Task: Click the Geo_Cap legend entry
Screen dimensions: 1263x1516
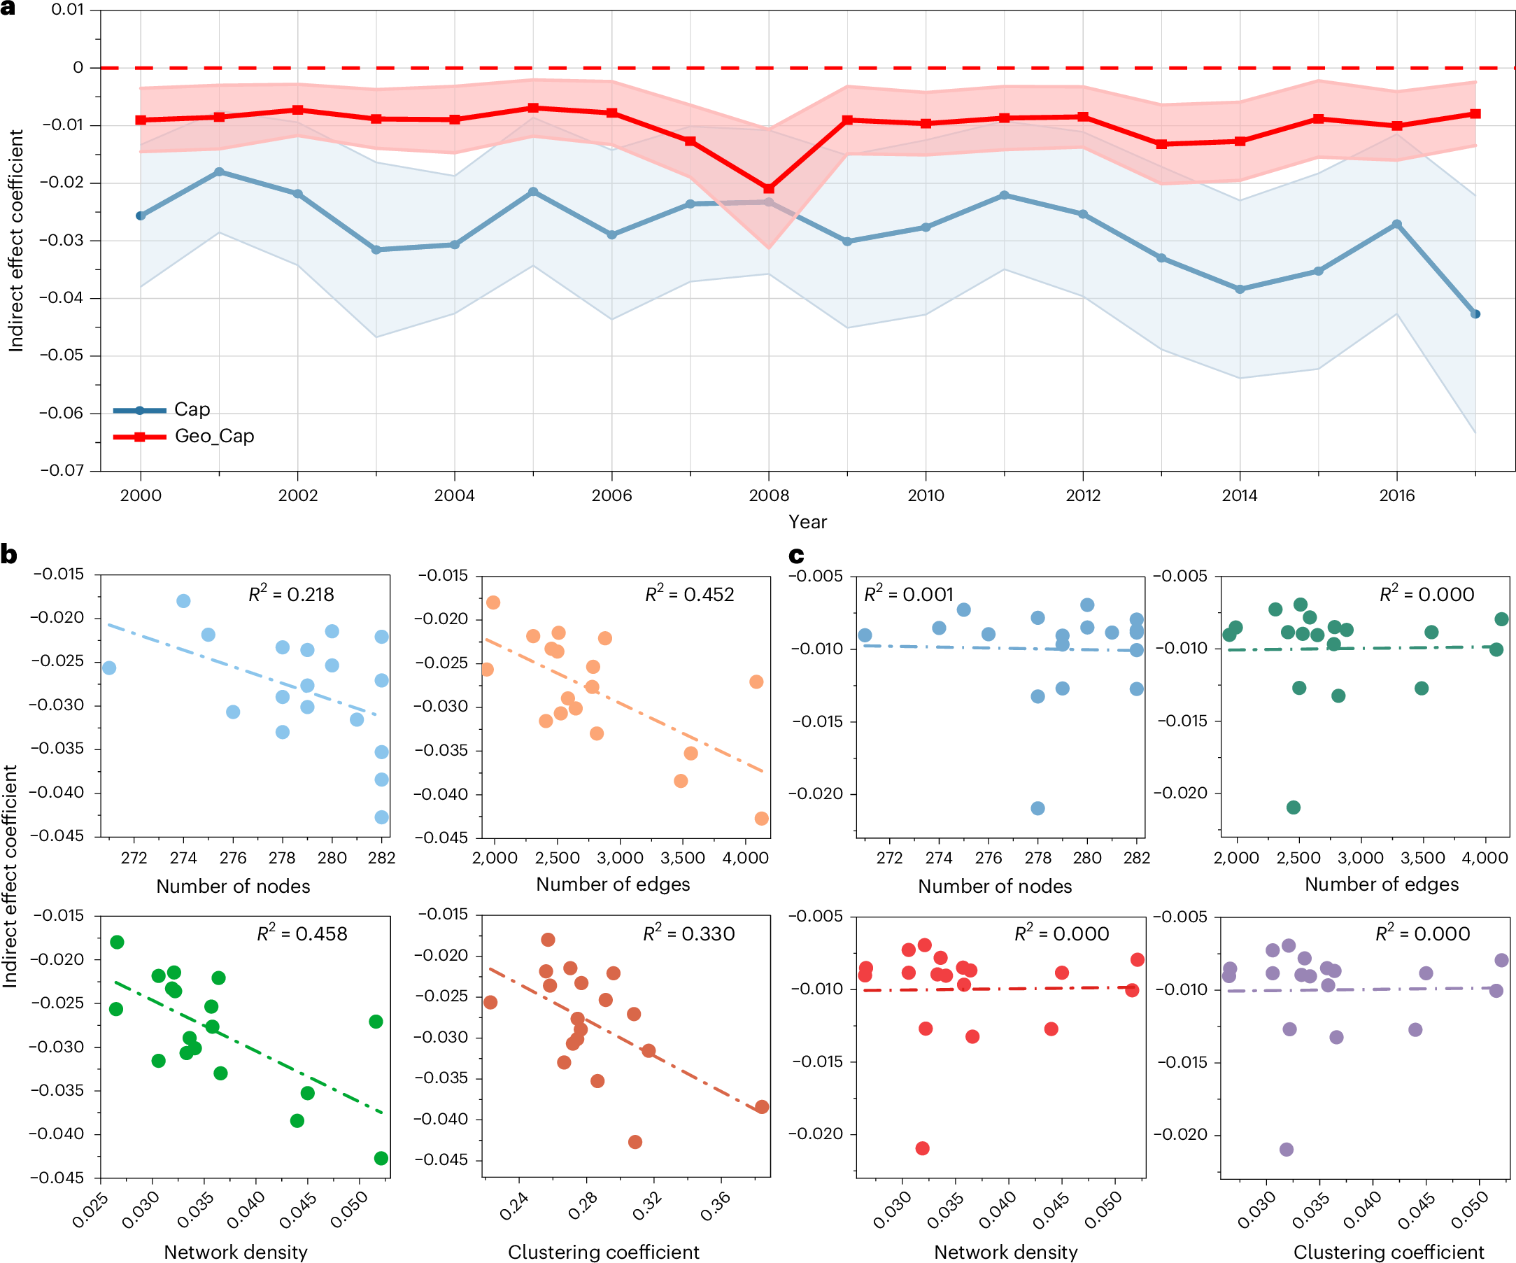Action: pos(213,436)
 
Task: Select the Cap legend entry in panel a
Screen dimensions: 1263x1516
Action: pos(191,409)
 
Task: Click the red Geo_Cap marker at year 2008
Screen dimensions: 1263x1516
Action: pos(769,189)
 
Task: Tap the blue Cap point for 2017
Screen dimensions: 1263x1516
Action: pos(1475,314)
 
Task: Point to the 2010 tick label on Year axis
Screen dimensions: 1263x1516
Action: pos(926,495)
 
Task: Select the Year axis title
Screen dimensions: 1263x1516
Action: pos(807,522)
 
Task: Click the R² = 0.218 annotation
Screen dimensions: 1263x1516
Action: pos(291,594)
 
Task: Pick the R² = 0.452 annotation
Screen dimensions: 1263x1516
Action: pos(688,594)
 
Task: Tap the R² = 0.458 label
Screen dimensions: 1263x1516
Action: pos(302,933)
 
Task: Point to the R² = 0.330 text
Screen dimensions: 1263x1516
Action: pos(688,933)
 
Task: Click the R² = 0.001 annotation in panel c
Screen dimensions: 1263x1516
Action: pos(908,594)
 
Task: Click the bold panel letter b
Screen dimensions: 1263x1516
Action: pos(8,555)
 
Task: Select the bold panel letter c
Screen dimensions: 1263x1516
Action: pos(796,556)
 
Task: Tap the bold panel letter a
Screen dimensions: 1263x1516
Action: pos(8,8)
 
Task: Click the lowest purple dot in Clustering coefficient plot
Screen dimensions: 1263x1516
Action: pos(1287,1149)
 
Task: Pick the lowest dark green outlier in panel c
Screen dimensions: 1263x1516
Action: pos(1294,807)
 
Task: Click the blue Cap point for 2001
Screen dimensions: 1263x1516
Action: pos(220,172)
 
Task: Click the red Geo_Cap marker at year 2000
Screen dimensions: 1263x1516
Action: pos(141,120)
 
